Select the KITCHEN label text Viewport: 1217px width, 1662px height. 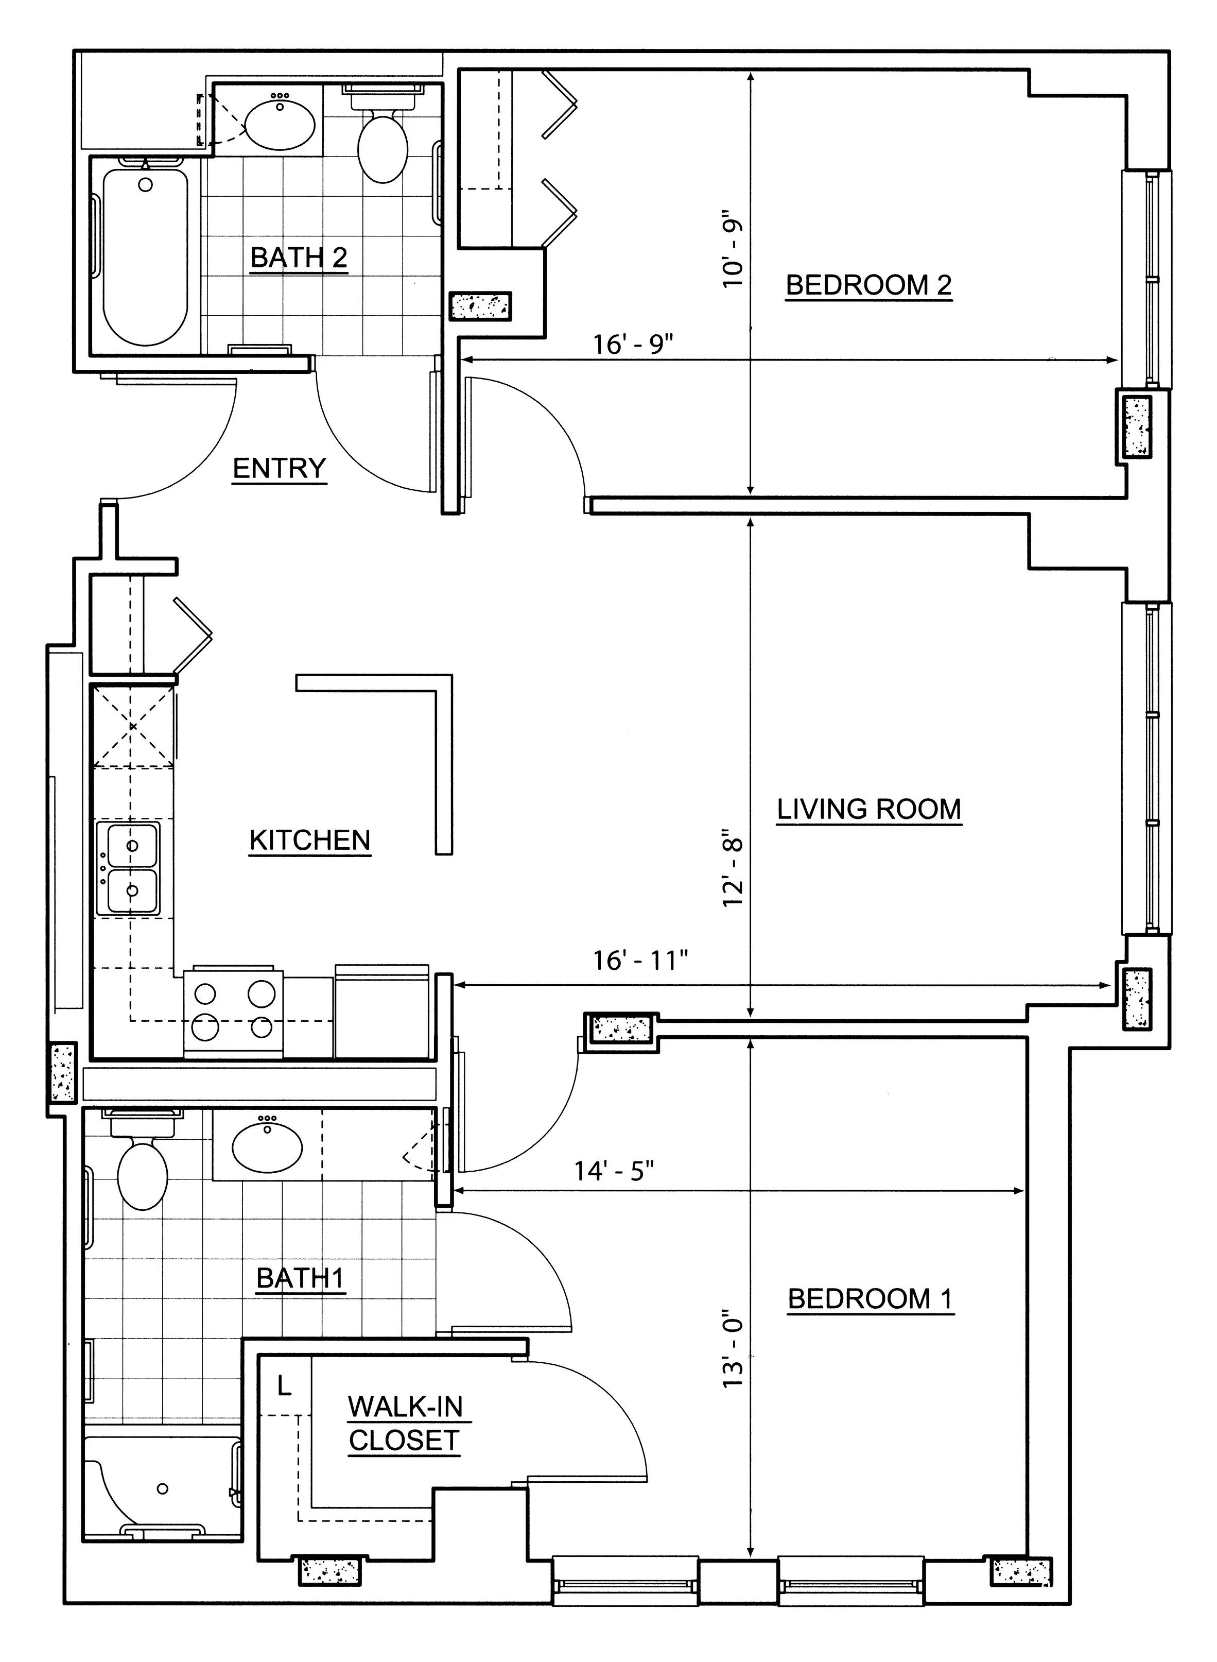point(310,840)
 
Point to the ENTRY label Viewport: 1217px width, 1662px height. point(279,468)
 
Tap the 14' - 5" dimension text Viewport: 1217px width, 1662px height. point(614,1170)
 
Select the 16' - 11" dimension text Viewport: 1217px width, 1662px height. point(641,961)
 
